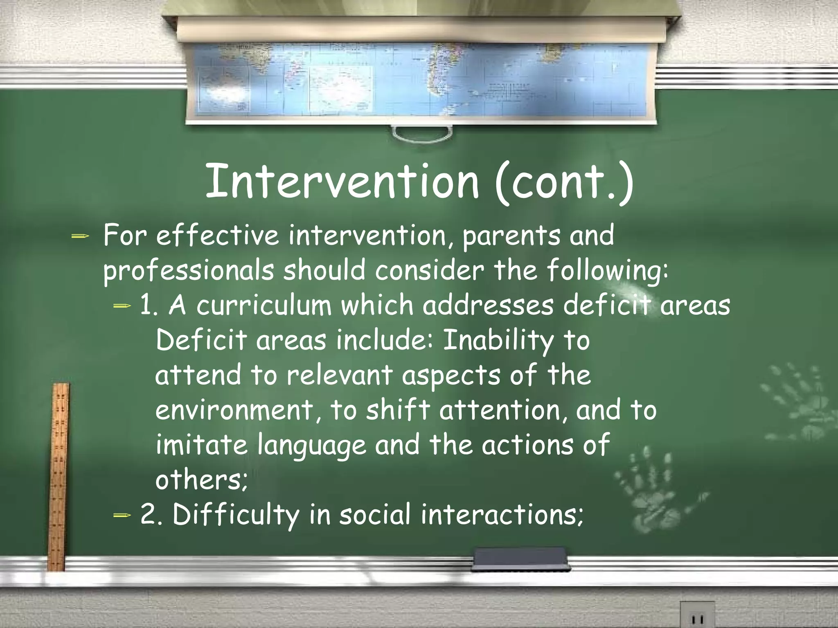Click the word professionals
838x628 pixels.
(189, 271)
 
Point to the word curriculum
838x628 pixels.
(264, 305)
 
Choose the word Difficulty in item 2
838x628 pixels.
(236, 515)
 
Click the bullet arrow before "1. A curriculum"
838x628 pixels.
(122, 305)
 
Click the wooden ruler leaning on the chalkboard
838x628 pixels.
(59, 474)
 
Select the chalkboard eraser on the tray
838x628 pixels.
(520, 558)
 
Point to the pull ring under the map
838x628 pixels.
(422, 133)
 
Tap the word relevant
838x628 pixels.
(339, 375)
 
